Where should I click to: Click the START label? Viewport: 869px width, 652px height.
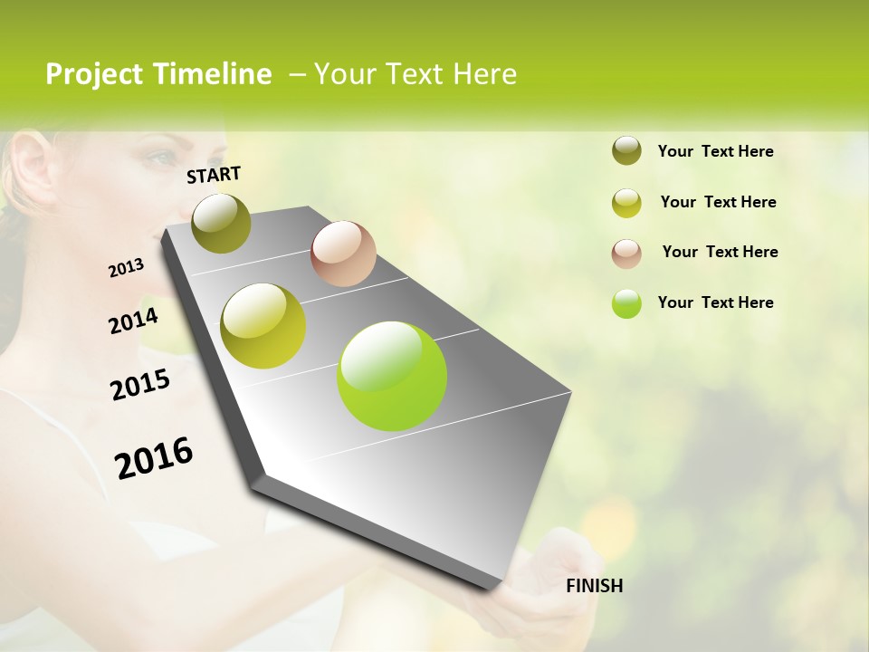pos(214,175)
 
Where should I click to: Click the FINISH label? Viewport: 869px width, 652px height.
pos(594,586)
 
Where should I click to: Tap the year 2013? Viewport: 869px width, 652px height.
pos(127,268)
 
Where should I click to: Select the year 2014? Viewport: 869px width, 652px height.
pos(134,321)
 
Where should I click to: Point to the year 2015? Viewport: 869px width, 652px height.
pos(140,385)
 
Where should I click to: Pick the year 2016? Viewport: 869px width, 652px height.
pos(154,457)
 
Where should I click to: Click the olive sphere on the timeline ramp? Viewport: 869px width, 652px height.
pos(221,223)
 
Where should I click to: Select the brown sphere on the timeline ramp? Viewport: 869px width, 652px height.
pos(343,254)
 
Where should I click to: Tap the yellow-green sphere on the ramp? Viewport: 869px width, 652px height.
pos(263,326)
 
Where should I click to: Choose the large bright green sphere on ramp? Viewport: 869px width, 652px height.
pos(392,376)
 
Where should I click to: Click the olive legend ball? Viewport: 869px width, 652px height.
pos(626,151)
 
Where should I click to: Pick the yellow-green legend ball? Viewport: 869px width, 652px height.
pos(626,203)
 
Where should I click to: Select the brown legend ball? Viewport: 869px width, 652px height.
pos(626,254)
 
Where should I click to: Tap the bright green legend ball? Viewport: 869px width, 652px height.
pos(626,303)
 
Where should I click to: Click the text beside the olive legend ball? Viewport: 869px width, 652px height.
pos(715,152)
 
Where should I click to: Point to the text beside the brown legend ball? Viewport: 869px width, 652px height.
pos(720,252)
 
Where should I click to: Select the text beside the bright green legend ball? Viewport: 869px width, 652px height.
pos(715,302)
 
